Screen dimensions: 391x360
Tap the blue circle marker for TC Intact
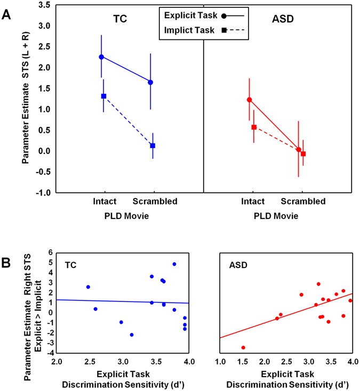[101, 57]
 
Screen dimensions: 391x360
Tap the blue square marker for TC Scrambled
[153, 145]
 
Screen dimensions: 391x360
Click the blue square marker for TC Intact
[104, 96]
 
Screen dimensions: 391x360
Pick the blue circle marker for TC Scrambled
[150, 82]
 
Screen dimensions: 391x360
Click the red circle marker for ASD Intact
[249, 100]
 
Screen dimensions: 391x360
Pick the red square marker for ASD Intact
[254, 127]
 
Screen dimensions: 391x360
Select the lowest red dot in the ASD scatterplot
[243, 347]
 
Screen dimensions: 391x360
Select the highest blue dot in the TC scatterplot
[174, 264]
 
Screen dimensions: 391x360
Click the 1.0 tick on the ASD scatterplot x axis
[219, 362]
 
